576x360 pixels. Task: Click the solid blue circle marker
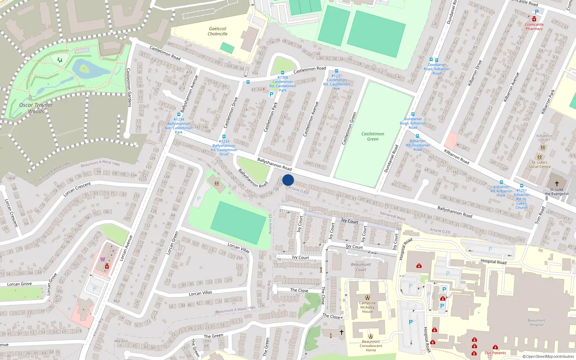click(288, 180)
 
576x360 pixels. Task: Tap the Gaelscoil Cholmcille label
click(217, 31)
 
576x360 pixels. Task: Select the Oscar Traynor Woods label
click(36, 108)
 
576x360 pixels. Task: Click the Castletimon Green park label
click(373, 136)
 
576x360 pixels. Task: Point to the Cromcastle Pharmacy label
click(534, 27)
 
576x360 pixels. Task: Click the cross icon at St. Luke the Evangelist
click(557, 184)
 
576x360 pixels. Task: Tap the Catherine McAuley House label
click(367, 307)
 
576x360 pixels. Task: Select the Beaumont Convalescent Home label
click(371, 346)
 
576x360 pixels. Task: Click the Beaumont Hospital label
click(536, 322)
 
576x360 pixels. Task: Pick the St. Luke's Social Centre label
click(539, 165)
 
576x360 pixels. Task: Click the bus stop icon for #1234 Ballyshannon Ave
click(179, 114)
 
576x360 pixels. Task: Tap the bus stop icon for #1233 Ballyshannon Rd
click(224, 137)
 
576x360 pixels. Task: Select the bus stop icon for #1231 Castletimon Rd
click(337, 71)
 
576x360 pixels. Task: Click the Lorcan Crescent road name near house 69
click(77, 189)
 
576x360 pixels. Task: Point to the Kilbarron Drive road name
click(474, 73)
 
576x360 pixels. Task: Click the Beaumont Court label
click(361, 267)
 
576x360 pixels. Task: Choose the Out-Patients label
click(495, 353)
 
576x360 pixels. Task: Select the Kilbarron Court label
click(544, 138)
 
